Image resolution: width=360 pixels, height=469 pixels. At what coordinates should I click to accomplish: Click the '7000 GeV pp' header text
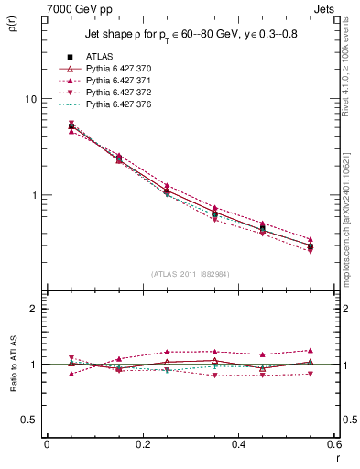tap(76, 7)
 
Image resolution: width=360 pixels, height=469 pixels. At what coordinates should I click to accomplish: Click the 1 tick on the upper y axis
tap(34, 195)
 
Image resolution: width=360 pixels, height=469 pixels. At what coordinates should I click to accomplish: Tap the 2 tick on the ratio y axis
tap(34, 309)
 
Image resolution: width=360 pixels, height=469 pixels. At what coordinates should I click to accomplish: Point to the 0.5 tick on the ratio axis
tap(29, 420)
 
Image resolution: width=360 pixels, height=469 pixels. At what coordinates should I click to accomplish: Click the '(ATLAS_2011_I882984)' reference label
tap(190, 275)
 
